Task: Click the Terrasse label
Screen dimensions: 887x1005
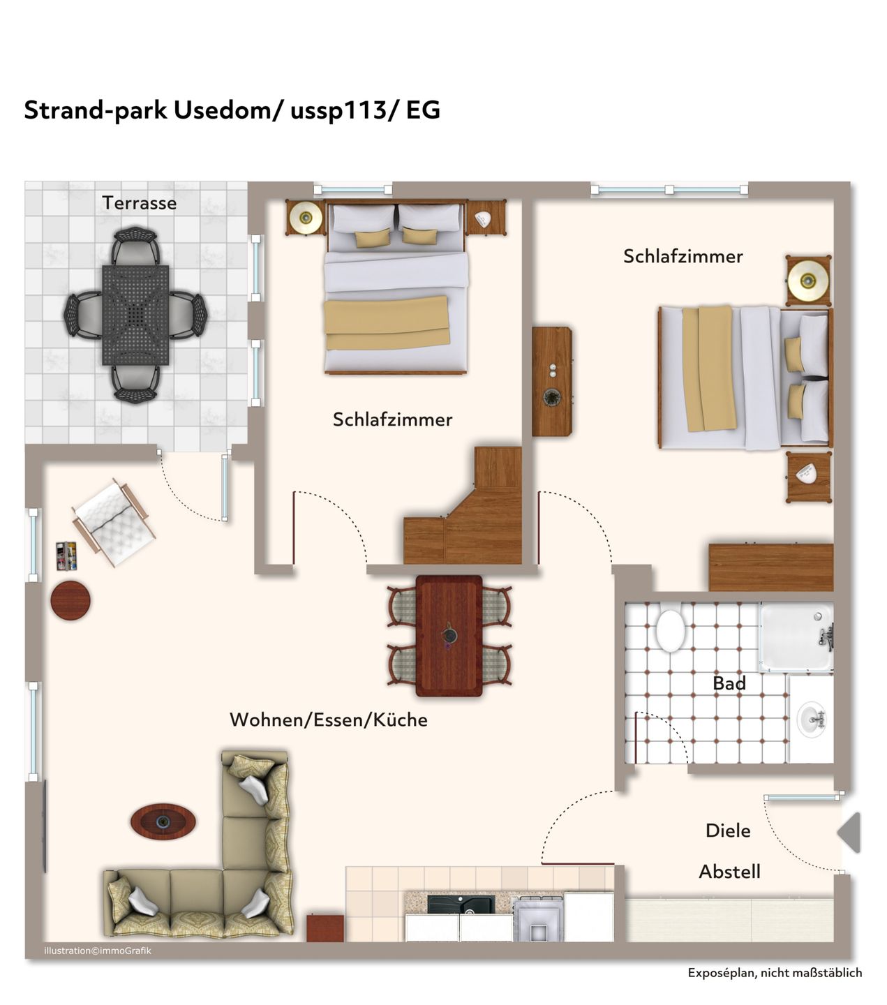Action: point(140,203)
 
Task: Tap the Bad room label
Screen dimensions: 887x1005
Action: point(729,683)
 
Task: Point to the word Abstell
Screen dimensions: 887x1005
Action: point(729,871)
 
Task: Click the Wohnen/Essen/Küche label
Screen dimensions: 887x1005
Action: point(329,720)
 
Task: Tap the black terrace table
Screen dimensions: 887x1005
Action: point(135,315)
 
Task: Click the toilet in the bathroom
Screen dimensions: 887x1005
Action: point(670,630)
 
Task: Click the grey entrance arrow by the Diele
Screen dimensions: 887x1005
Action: point(850,833)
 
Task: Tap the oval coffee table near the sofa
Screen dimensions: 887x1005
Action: point(163,821)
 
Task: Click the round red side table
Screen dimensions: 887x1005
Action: point(70,600)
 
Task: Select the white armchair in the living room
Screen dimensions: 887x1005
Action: point(114,522)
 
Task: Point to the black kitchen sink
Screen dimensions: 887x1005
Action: point(461,904)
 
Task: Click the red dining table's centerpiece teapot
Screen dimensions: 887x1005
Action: point(449,634)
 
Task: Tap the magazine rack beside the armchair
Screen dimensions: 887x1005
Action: point(66,556)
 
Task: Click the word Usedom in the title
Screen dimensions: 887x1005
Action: point(223,110)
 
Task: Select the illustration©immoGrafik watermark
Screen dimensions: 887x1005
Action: point(97,951)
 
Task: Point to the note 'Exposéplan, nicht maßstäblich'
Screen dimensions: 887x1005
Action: point(775,973)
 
